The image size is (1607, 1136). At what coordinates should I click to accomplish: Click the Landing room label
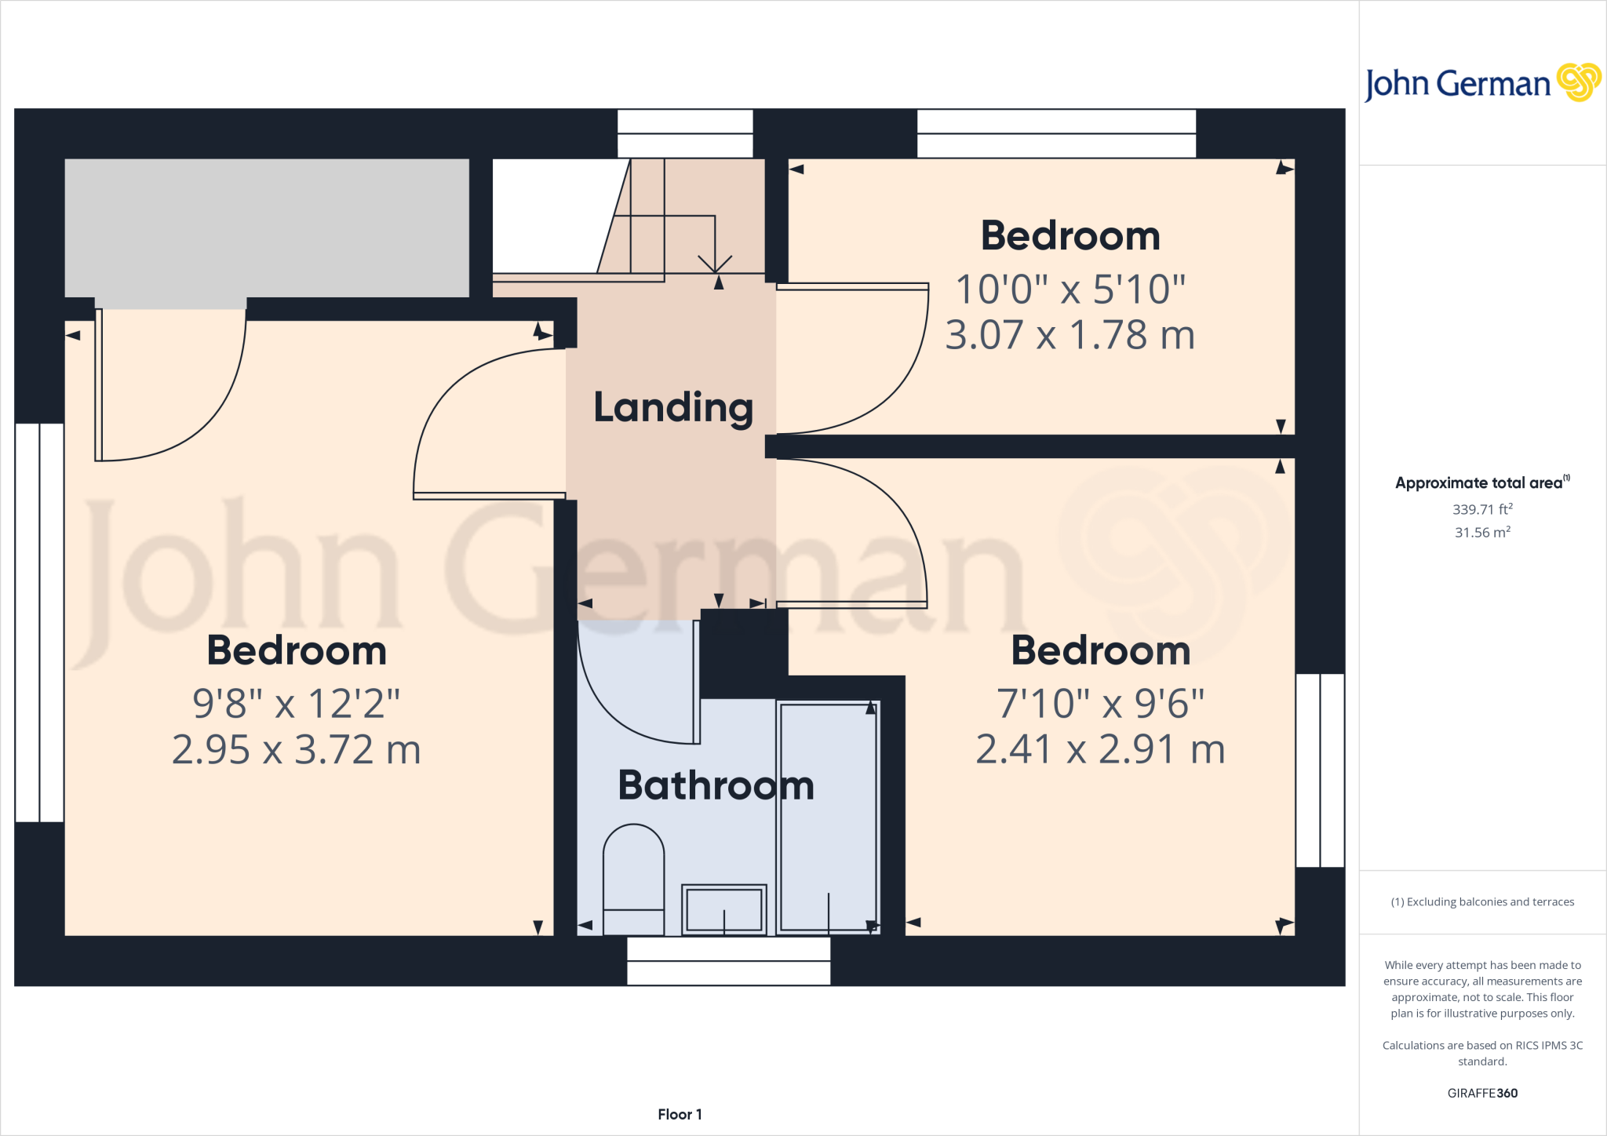673,408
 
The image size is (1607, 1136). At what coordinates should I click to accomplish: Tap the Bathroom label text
716,785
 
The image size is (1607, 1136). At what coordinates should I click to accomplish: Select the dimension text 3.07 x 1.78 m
1070,336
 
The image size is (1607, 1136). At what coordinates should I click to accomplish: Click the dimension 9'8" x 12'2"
297,704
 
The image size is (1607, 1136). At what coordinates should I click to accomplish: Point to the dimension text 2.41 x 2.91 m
1100,750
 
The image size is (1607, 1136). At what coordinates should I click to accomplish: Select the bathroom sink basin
723,909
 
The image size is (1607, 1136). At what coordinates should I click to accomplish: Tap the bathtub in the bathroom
828,816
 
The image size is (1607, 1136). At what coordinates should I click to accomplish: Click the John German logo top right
1481,83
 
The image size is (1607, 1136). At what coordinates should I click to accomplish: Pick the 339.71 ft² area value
1481,509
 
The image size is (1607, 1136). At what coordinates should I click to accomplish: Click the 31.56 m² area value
1481,533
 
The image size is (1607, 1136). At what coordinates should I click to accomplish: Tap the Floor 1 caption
680,1114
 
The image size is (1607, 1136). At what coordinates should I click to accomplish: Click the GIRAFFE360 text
1481,1093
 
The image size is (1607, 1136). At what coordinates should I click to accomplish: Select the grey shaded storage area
267,228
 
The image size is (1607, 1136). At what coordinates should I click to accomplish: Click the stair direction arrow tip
715,271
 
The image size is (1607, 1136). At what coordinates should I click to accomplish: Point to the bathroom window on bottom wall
728,961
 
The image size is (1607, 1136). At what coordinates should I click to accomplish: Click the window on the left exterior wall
39,622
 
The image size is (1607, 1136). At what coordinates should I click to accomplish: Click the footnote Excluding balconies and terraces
1481,902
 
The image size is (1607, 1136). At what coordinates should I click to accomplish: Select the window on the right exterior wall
1320,770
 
